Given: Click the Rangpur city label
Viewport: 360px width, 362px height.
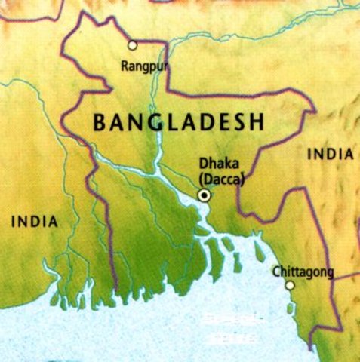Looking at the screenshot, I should tap(143, 66).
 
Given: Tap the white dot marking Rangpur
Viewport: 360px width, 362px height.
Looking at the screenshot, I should tap(133, 45).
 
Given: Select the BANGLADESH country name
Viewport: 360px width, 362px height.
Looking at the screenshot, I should tap(178, 123).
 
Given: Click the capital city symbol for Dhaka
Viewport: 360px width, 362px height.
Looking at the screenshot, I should tap(203, 196).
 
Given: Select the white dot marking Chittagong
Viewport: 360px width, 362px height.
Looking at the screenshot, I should tap(289, 285).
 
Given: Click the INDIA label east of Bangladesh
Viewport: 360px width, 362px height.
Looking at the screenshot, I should tap(331, 155).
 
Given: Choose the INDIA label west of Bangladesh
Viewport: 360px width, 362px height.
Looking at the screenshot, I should tap(34, 222).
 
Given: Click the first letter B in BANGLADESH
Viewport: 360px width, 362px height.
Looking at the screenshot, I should tap(99, 123).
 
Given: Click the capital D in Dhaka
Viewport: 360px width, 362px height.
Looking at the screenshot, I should tap(202, 162).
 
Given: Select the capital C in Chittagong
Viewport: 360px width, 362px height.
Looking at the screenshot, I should tap(276, 272).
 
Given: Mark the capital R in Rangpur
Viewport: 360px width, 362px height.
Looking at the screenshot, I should tap(125, 66).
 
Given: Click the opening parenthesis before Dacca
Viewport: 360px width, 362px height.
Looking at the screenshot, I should tap(198, 178).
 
